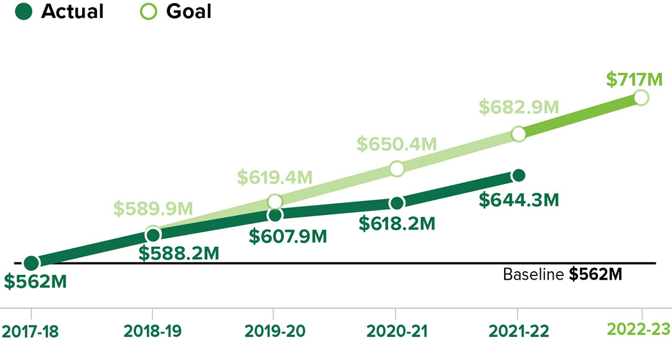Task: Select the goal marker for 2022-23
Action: click(x=641, y=98)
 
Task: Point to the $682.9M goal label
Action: click(x=518, y=107)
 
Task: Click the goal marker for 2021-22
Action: click(x=518, y=134)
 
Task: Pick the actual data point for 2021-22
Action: click(x=518, y=175)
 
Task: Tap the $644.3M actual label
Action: click(x=519, y=200)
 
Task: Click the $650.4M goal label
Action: click(x=396, y=144)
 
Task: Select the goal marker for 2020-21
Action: click(x=396, y=168)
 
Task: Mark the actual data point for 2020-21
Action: click(x=396, y=203)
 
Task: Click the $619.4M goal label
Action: click(x=274, y=177)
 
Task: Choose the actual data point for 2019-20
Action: click(x=274, y=215)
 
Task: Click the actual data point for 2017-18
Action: click(x=31, y=264)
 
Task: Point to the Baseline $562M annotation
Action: click(x=562, y=274)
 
